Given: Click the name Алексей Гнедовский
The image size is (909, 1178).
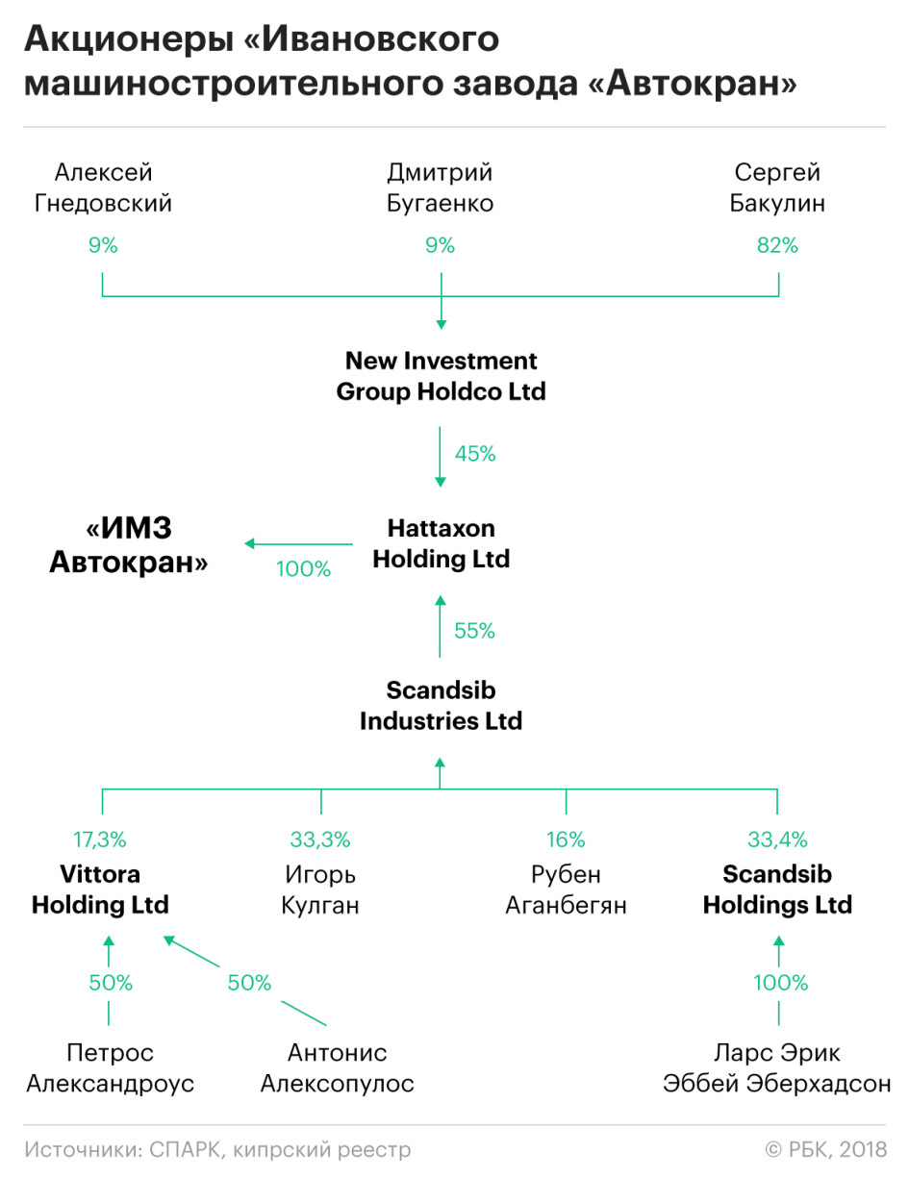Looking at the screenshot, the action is coord(103,188).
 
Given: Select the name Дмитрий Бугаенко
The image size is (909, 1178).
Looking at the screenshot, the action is coord(440,188).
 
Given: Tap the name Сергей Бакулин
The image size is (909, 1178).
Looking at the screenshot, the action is coord(777,188).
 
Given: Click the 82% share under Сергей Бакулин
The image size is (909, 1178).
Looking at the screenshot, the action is coord(777,245).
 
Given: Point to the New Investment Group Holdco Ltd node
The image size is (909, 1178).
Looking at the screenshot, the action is coord(441,376).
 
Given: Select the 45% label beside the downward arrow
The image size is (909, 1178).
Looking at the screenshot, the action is coord(475,453).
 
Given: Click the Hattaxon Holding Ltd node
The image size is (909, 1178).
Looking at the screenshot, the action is coord(441,543).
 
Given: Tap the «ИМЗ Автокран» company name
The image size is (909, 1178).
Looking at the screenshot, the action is coord(129,544).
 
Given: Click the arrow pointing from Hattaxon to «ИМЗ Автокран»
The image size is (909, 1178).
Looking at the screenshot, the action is coord(298,543).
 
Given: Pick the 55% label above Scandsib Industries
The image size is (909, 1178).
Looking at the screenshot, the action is coord(474,631).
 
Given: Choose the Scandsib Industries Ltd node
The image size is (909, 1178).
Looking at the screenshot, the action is coord(441,705).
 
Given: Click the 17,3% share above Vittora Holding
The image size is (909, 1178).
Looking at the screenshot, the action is coord(100,840).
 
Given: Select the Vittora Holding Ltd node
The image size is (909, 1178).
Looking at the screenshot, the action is coord(100,890).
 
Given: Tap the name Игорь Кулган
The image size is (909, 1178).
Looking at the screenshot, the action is coord(319,890).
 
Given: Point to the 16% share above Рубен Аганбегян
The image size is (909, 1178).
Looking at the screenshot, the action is coord(566,840).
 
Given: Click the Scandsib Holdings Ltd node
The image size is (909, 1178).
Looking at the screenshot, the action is coord(777,890).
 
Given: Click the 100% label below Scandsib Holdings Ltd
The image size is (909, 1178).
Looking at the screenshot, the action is coord(780,982).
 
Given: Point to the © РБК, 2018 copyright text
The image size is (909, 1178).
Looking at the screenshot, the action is coord(825,1149).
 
